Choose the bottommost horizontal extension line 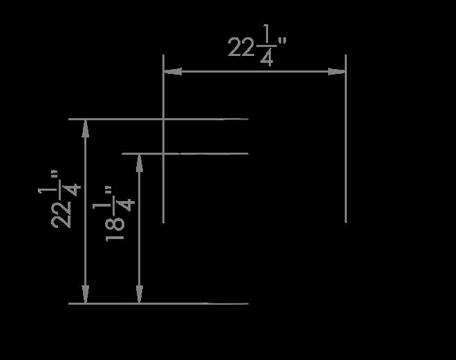pyautogui.click(x=159, y=303)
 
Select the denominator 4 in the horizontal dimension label pyautogui.click(x=267, y=58)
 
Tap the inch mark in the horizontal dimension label pyautogui.click(x=281, y=41)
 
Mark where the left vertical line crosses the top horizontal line pyautogui.click(x=163, y=119)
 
